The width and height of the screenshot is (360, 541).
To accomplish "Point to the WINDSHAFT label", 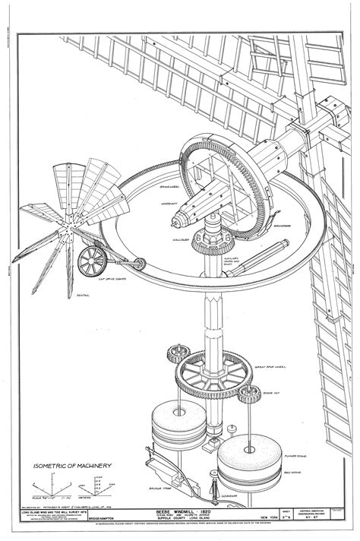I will click(x=156, y=204).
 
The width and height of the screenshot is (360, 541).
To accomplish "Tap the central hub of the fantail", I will click(x=67, y=223).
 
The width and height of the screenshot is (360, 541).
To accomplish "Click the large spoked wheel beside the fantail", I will click(x=91, y=261).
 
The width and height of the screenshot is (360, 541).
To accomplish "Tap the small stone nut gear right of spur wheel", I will click(x=246, y=393).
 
